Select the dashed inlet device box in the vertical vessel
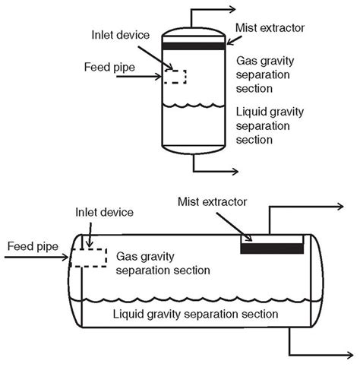[x=175, y=77]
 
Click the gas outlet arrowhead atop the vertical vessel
[x=251, y=11]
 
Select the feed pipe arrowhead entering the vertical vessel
[x=161, y=77]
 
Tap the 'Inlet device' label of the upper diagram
[x=123, y=35]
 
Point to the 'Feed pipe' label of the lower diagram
[x=33, y=245]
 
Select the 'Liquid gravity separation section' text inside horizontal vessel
[x=194, y=313]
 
